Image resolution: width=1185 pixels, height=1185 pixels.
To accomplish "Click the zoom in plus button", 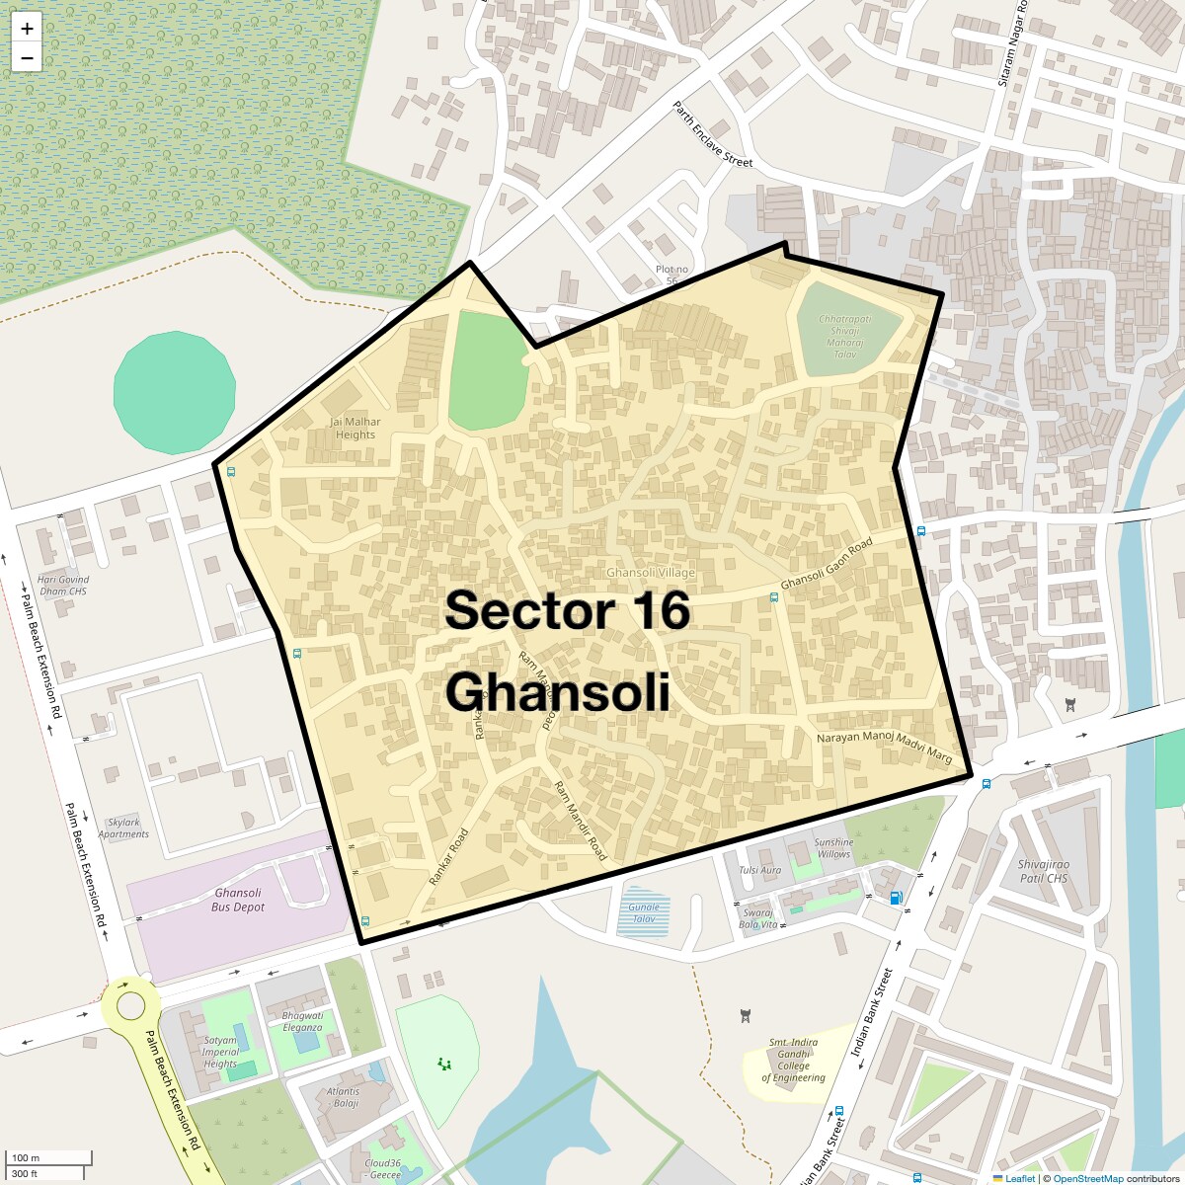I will point(27,29).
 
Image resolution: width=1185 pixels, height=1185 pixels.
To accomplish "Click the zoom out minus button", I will point(27,58).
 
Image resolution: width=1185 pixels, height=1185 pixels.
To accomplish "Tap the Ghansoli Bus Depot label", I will point(238,900).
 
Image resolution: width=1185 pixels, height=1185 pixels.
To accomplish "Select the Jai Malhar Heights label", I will point(355,428).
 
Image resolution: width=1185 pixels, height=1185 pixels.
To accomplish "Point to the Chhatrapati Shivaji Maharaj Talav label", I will point(845,337).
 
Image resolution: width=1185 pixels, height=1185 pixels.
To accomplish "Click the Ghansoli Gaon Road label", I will point(827,564).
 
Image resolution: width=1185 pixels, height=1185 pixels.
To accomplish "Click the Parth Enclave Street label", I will point(712,133).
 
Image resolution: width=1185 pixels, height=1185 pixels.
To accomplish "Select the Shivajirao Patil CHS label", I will point(1044,871).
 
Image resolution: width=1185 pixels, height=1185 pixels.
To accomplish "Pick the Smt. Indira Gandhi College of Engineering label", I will point(793,1060).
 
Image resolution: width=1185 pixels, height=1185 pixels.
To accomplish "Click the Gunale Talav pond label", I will point(644,912).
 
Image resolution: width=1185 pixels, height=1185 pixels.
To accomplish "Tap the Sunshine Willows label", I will point(833,848).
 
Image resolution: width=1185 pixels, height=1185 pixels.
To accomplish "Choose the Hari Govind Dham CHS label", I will point(63,586).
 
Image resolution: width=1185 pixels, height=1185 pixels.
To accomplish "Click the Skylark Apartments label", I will point(123,828).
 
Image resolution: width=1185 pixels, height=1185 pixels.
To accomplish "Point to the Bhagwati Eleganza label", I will point(302,1021).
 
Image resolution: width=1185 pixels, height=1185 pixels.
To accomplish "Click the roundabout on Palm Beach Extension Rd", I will point(130,1006).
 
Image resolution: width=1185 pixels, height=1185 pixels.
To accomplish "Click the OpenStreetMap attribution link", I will point(1087,1178).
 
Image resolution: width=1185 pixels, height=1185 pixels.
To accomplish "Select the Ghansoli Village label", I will point(651,573).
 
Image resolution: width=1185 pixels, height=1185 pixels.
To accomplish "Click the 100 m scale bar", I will point(49,1158).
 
